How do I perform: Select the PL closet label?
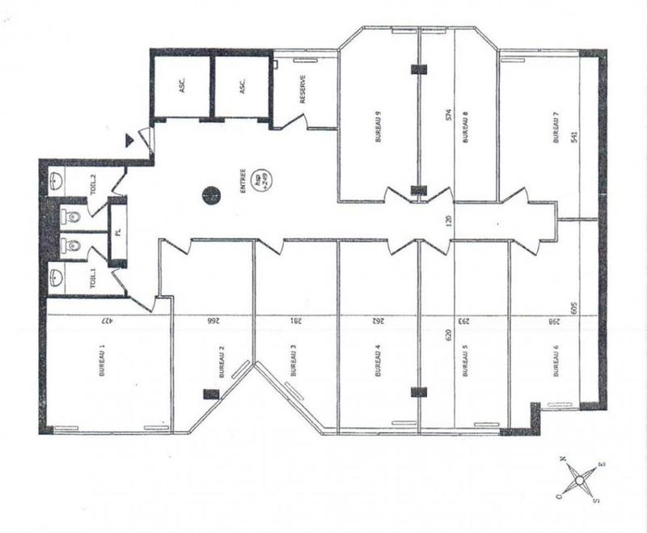click(117, 232)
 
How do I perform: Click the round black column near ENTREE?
click(210, 194)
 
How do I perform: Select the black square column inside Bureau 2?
click(209, 393)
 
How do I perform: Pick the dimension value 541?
click(574, 137)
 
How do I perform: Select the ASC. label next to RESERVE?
click(241, 87)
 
